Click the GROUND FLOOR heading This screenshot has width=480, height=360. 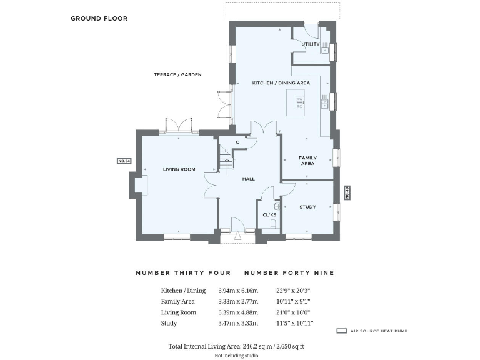pos(99,19)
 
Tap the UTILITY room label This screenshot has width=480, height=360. pos(311,44)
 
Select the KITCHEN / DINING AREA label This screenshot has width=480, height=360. pos(281,82)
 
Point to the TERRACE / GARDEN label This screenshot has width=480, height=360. pos(177,74)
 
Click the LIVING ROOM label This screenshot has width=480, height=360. pos(179,169)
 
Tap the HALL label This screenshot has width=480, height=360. pos(249,179)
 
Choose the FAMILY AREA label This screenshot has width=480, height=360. pos(307,161)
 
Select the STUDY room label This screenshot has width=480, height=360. pos(307,207)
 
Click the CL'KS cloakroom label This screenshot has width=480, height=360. pos(269,215)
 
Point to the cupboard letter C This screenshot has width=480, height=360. pos(237,142)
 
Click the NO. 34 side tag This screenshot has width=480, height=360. pos(124,161)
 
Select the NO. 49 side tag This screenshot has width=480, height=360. pos(347,192)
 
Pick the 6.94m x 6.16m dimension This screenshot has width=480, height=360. pos(237,291)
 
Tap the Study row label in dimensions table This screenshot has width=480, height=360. pos(169,323)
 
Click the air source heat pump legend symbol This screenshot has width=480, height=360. pos(341,331)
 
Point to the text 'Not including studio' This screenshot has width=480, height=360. pos(236,355)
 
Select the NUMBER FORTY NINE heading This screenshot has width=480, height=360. pos(289,272)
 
